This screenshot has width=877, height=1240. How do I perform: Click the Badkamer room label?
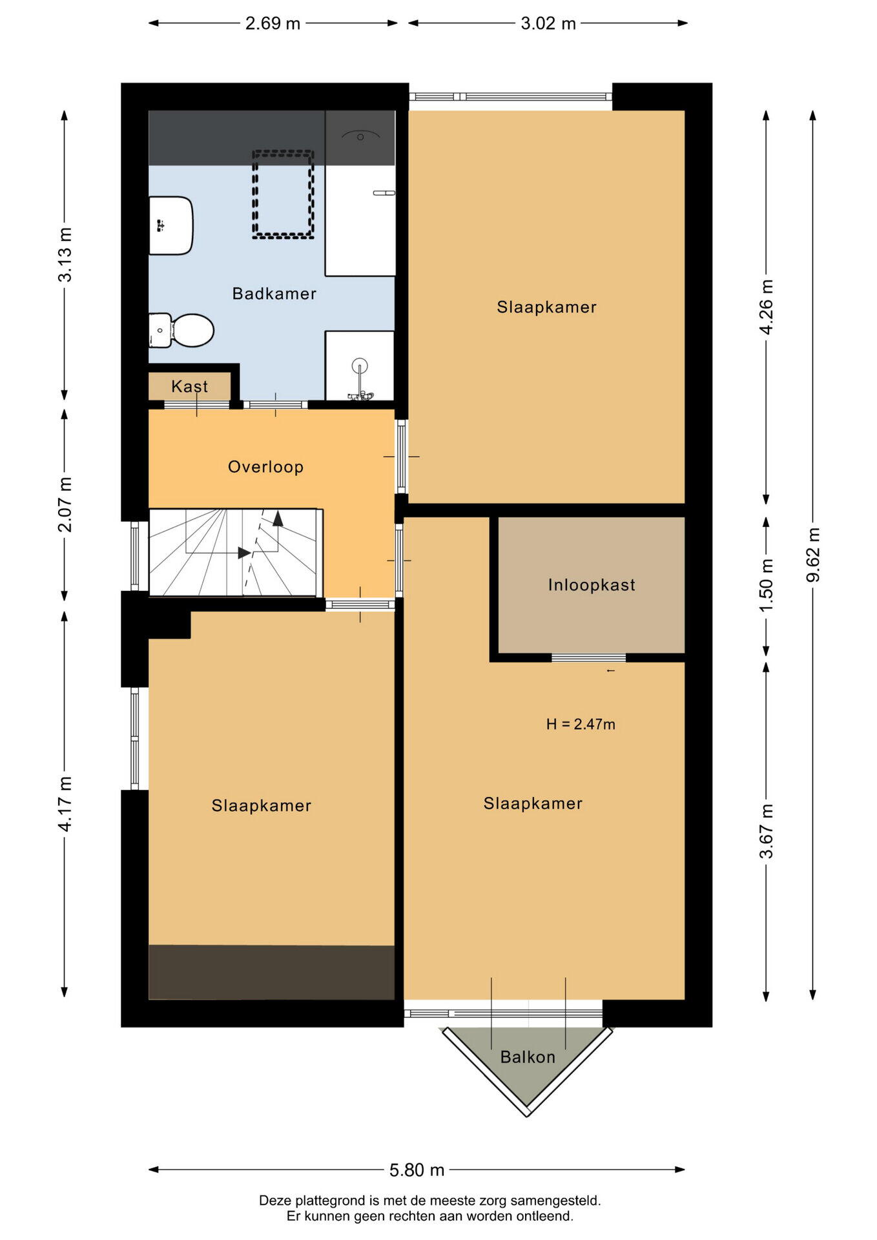pos(274,294)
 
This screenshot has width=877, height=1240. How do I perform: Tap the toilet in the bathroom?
pos(181,330)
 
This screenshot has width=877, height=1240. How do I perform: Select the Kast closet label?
pos(189,386)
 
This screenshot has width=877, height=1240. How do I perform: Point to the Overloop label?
pos(265,467)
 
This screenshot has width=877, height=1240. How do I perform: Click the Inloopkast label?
pos(592,585)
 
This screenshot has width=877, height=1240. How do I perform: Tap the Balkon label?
pos(528,1057)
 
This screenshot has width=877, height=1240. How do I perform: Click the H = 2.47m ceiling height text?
pos(581,724)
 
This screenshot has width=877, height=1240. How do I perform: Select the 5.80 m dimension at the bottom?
pos(417,1170)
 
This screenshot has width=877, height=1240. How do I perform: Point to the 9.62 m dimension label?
pos(813,554)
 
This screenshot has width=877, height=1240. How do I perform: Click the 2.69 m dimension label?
pos(273,23)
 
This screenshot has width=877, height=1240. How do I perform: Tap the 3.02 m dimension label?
pos(548,23)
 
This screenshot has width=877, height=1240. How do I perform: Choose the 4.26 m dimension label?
pos(766,307)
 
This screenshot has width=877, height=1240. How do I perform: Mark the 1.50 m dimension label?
pos(766,586)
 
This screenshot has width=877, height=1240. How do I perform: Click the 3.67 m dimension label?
pos(766,831)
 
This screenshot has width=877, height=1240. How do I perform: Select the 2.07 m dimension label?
pos(65,504)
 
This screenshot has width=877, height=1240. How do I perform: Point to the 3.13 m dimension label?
pos(65,254)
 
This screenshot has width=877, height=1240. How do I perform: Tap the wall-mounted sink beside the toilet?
pos(170,225)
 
